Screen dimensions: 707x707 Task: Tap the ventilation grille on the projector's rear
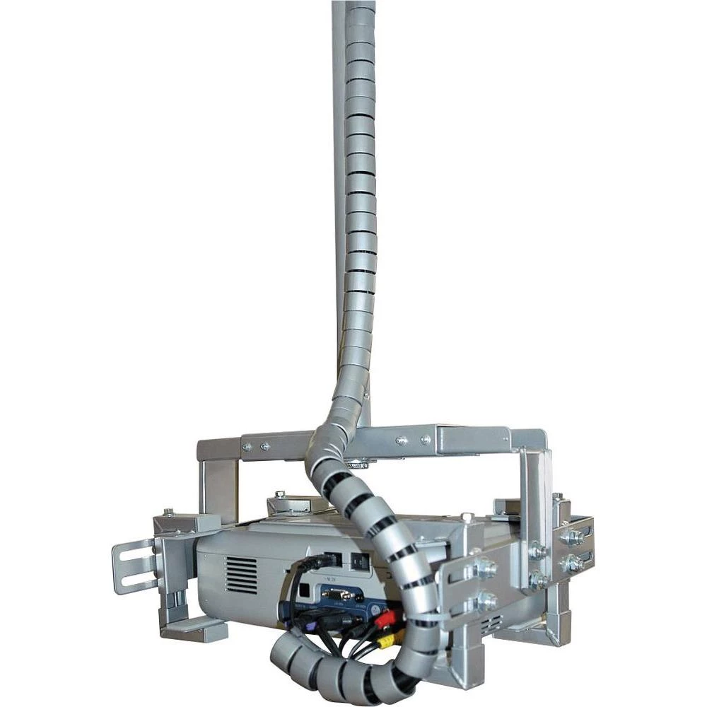pyautogui.click(x=241, y=575)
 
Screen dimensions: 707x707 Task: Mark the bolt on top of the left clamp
pyautogui.click(x=169, y=512)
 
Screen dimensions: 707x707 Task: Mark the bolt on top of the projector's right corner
pyautogui.click(x=466, y=518)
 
